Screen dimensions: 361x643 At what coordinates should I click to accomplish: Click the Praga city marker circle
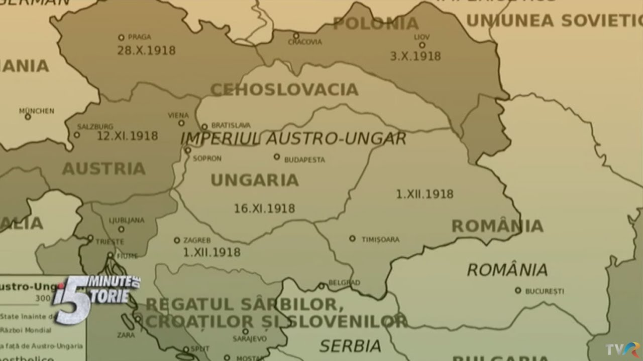pos(121,38)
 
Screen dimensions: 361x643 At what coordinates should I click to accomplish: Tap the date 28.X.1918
pos(146,51)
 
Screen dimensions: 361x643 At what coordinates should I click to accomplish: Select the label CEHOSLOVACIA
pos(284,90)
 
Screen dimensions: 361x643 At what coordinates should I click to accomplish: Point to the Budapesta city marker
pos(277,157)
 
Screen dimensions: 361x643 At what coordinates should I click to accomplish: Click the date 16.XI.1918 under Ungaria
pos(264,208)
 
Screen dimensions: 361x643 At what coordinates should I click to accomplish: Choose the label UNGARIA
pos(254,180)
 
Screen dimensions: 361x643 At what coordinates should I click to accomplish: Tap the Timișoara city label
pos(380,240)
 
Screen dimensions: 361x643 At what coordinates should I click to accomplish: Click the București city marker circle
pos(518,290)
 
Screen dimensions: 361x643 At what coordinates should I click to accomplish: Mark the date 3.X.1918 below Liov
pos(415,56)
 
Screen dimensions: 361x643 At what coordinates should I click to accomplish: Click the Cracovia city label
pos(304,42)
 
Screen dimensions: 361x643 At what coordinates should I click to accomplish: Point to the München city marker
pos(28,117)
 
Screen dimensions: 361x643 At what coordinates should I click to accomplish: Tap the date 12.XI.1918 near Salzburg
pos(127,136)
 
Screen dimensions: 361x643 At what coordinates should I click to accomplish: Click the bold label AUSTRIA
pos(103,168)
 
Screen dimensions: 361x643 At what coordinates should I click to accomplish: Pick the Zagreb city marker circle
pos(177,240)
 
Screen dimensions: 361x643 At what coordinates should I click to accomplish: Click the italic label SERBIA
pos(350,345)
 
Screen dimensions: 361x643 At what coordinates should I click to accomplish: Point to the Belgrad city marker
pos(321,286)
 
